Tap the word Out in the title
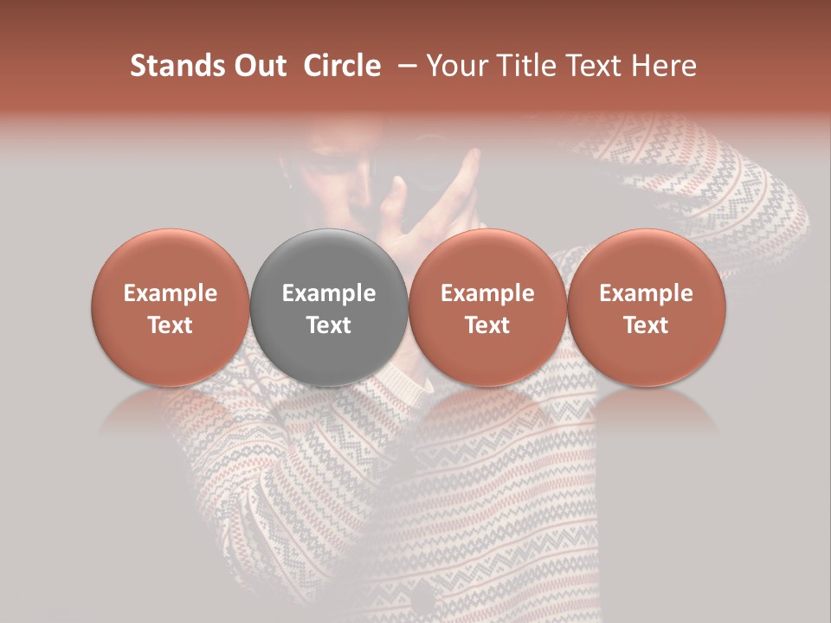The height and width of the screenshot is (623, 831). click(257, 66)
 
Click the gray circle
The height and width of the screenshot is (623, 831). click(329, 308)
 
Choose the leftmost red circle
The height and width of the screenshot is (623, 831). click(171, 308)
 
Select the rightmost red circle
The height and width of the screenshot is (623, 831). click(647, 308)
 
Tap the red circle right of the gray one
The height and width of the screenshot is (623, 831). click(487, 308)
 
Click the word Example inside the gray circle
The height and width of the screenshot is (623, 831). click(329, 293)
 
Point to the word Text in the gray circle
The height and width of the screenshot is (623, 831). click(329, 325)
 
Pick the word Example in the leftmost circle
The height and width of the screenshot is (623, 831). click(171, 293)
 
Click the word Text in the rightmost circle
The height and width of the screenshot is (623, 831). click(647, 325)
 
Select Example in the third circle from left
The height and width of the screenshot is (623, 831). click(487, 293)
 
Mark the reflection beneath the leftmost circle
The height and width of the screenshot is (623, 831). click(171, 410)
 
